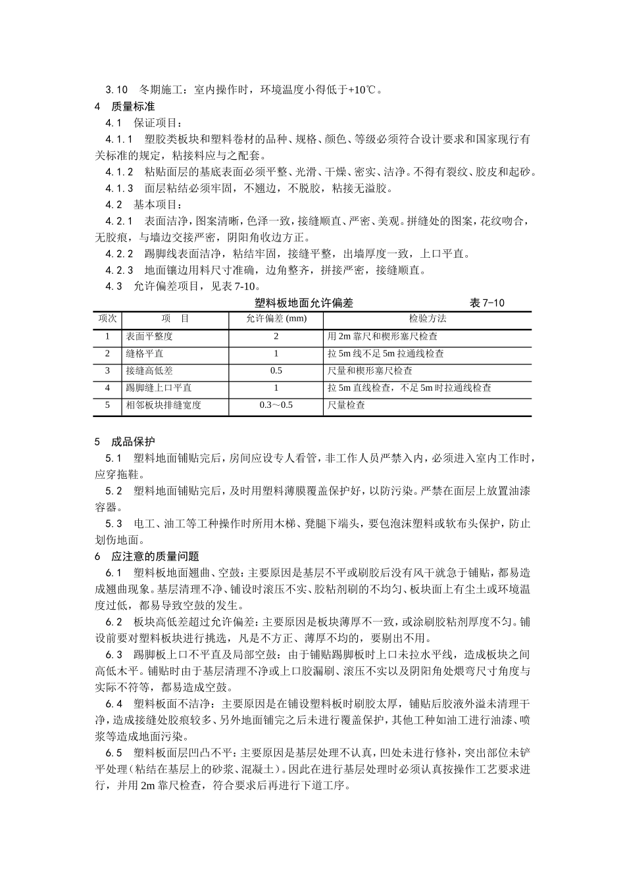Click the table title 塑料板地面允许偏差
point(304,303)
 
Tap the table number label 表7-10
point(487,303)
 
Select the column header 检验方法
point(428,319)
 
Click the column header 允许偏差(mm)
point(276,319)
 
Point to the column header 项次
point(108,319)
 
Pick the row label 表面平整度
point(149,336)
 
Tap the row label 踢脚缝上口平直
point(159,388)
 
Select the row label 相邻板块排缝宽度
point(163,405)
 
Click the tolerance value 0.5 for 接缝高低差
point(276,371)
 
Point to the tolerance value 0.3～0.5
point(276,405)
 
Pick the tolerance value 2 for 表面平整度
point(276,336)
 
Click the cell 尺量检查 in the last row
point(346,405)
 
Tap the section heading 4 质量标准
point(125,107)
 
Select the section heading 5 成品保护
point(125,441)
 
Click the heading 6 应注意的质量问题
point(147,556)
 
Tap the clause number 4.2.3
point(119,270)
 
